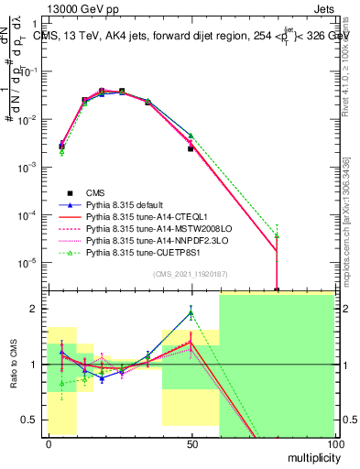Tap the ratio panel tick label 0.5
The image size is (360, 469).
click(31, 420)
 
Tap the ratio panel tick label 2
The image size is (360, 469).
click(36, 309)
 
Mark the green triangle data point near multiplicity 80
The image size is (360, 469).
click(277, 235)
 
